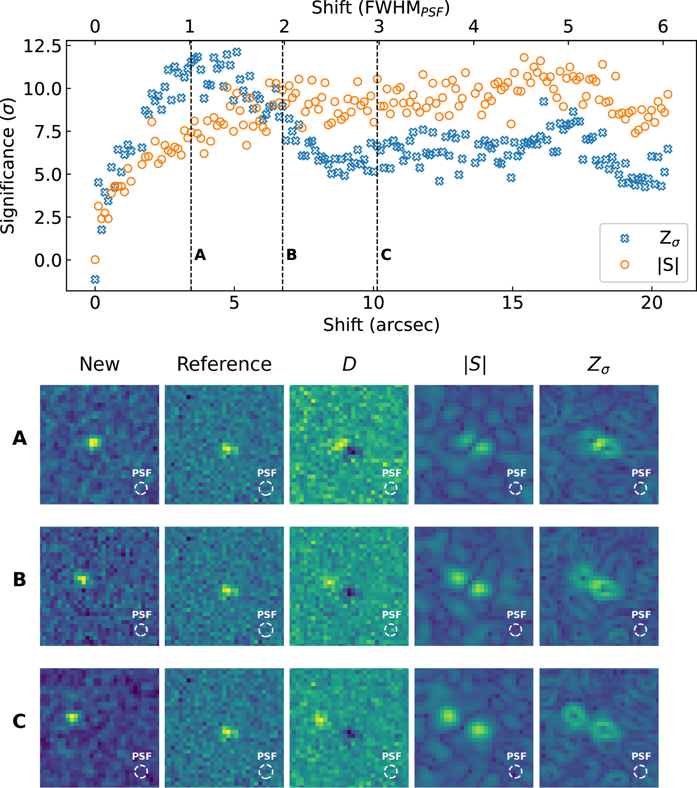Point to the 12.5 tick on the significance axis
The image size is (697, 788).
click(x=43, y=46)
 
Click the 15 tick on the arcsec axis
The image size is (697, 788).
click(x=512, y=303)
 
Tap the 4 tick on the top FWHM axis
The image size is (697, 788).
click(x=473, y=27)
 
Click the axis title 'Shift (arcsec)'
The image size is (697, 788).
click(x=381, y=325)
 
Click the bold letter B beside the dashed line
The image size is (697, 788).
click(x=292, y=255)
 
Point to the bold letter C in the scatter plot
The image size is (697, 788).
click(x=386, y=255)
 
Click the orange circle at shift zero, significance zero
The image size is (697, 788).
click(x=95, y=260)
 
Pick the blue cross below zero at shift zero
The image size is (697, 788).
click(x=95, y=279)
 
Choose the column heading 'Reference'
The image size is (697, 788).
click(x=224, y=364)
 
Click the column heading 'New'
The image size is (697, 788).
click(x=100, y=364)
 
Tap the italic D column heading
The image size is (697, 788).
click(x=349, y=364)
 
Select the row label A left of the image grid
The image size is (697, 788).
click(x=20, y=438)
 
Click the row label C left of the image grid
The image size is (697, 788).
click(x=19, y=721)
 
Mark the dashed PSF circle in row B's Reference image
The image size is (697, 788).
click(x=266, y=630)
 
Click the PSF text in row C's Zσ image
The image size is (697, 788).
click(x=641, y=756)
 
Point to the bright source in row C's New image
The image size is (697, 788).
click(x=72, y=717)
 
